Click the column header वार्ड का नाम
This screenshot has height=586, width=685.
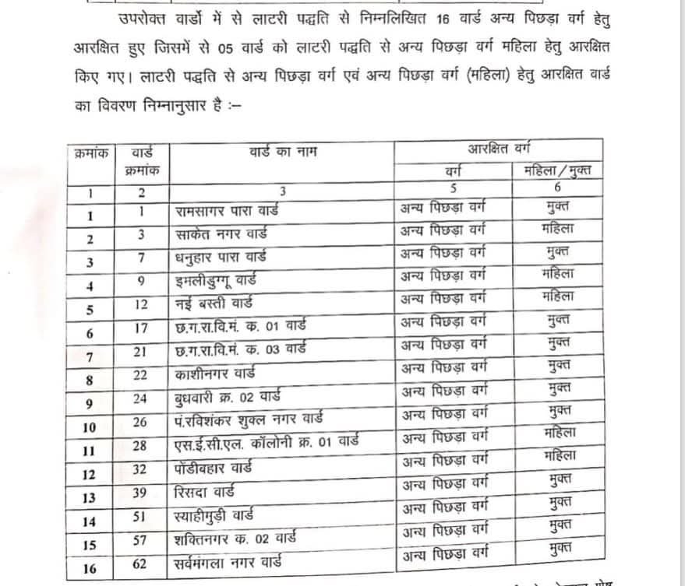(282, 150)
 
